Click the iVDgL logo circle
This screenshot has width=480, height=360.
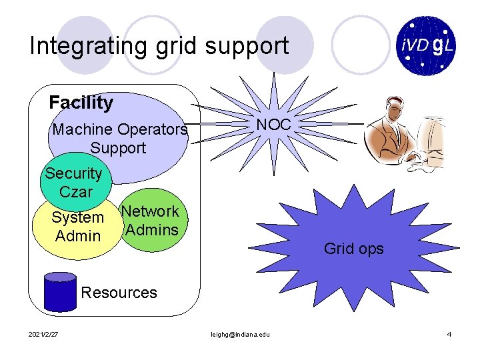(427, 45)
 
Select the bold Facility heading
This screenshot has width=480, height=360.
(81, 103)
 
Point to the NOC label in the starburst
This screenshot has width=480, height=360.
(273, 125)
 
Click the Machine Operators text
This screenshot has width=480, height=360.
(119, 129)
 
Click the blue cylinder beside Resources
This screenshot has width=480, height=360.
(59, 291)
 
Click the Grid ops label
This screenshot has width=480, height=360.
(353, 249)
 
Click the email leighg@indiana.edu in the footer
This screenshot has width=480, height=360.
(240, 334)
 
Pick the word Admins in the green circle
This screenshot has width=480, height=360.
(152, 231)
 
